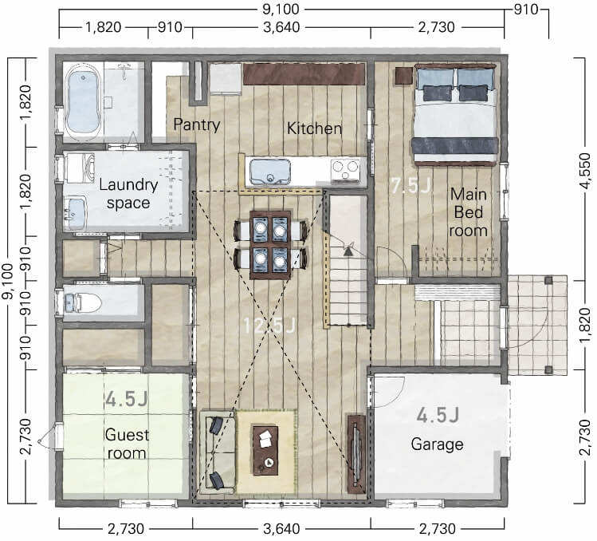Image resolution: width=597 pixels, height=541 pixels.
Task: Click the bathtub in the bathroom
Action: point(84,101)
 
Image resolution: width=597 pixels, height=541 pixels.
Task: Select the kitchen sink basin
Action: point(270,172)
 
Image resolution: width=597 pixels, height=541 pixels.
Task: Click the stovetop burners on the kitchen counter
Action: point(345,169)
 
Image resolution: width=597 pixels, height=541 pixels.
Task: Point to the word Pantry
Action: point(196,124)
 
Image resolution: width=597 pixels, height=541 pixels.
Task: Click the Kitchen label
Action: point(314,128)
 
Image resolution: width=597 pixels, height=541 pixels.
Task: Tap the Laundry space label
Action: point(128,194)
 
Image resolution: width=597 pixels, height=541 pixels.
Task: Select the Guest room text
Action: point(127,444)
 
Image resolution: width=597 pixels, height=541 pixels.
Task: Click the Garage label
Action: point(437,444)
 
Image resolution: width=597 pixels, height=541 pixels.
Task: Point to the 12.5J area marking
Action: point(269,326)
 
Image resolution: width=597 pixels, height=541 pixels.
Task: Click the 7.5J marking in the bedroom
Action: point(411,186)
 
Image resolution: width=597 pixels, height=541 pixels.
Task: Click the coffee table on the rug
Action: point(265,451)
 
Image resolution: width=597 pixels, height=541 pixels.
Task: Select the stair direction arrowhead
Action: point(348,251)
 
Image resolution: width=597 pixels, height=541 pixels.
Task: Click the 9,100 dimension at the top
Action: point(281,9)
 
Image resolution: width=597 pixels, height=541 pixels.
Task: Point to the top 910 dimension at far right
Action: point(525,9)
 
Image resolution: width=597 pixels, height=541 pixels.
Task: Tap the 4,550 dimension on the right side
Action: point(584,170)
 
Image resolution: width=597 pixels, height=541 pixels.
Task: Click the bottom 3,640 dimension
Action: point(281,529)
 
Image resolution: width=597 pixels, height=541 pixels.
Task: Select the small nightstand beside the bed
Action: point(403,75)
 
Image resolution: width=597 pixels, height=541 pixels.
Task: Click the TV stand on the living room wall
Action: point(356,453)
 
